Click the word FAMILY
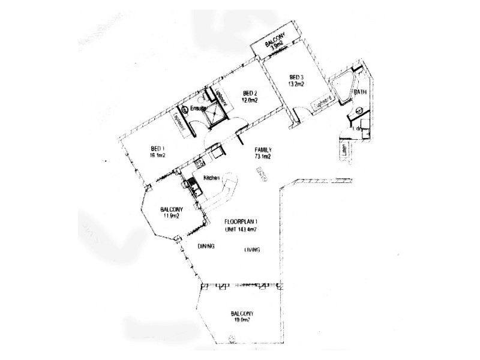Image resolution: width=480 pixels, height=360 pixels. (264, 149)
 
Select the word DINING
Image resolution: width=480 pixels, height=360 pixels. (206, 247)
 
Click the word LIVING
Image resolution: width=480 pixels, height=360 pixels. (252, 250)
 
